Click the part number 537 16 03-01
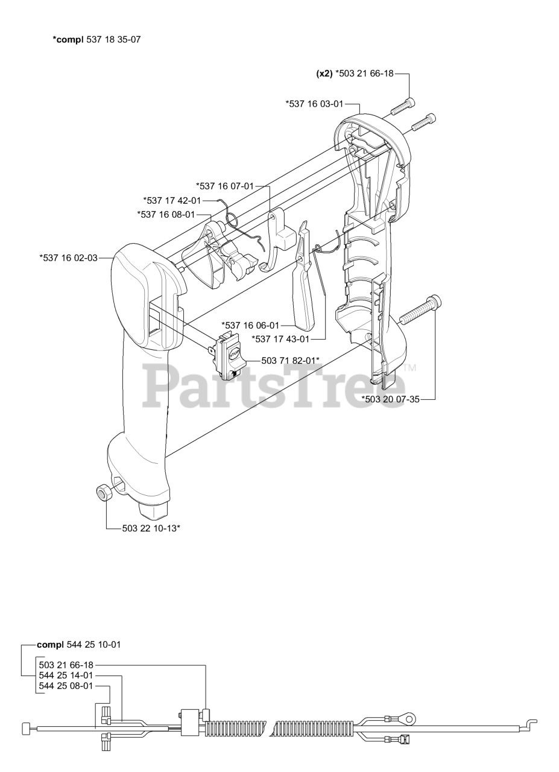tap(314, 104)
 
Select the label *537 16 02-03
tap(68, 258)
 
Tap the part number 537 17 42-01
tap(172, 200)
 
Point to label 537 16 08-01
tap(166, 214)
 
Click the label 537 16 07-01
tap(225, 186)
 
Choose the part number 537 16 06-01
tap(250, 324)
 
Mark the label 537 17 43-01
tap(280, 339)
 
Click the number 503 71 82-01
tap(290, 360)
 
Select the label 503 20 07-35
tap(390, 399)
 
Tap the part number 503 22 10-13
tap(151, 528)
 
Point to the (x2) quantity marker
tap(324, 74)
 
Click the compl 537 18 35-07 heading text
tap(97, 40)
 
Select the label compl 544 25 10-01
tap(78, 644)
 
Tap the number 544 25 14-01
tap(66, 675)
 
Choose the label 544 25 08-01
tap(66, 686)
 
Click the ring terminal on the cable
tap(407, 718)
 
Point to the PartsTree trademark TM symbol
tap(410, 367)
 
